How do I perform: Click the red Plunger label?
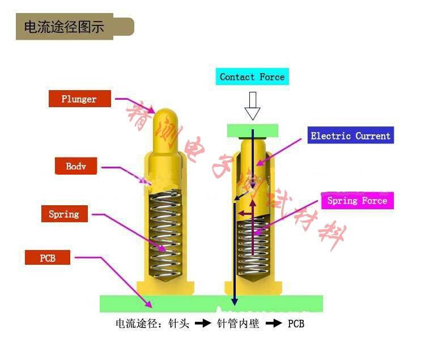pos(79,99)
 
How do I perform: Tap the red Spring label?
pos(64,214)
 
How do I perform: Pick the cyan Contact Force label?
pos(252,77)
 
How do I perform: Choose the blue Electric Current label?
pos(350,136)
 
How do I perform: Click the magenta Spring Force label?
pos(357,201)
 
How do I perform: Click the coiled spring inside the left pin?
pos(166,235)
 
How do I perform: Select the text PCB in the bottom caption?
pos(296,324)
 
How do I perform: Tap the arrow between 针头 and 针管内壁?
pos(203,324)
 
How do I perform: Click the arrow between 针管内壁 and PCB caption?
pos(273,324)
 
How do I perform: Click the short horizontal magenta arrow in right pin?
pos(245,213)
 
